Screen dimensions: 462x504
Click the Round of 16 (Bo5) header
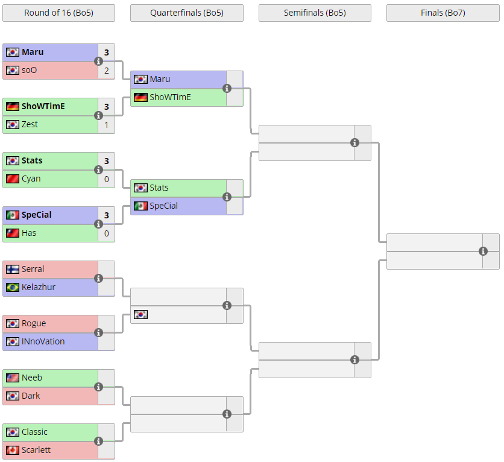tap(58, 13)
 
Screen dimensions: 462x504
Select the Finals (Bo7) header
tap(443, 13)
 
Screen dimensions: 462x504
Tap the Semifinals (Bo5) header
tap(315, 13)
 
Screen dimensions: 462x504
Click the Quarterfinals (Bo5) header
tap(187, 13)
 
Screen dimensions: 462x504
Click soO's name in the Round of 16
tap(29, 70)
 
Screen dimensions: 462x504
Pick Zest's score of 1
tap(106, 124)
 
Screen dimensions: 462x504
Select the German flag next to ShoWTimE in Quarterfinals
tap(140, 97)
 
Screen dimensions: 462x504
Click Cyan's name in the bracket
tap(31, 179)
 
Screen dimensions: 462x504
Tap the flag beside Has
tap(13, 233)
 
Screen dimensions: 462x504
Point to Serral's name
tap(33, 269)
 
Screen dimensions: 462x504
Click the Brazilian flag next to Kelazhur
tap(13, 287)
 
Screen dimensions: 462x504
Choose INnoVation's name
tap(43, 341)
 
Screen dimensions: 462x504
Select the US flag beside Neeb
tap(13, 378)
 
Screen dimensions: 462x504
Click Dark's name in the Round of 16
tap(31, 396)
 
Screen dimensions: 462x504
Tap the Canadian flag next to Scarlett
tap(13, 450)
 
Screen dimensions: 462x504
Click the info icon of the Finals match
tap(483, 251)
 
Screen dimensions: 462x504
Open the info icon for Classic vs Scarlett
tap(99, 441)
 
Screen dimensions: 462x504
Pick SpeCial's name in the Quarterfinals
tap(163, 206)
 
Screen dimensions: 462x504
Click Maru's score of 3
tap(106, 52)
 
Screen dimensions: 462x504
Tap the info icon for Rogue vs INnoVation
tap(99, 332)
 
